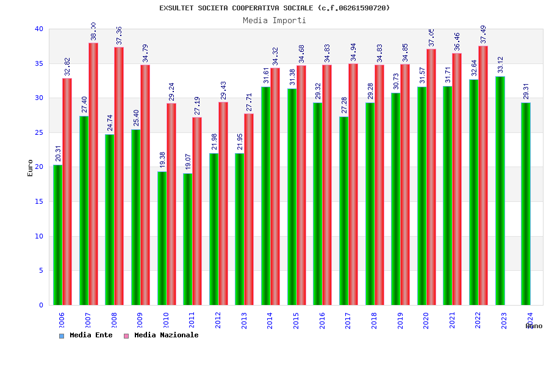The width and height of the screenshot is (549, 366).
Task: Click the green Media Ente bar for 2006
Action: (x=57, y=235)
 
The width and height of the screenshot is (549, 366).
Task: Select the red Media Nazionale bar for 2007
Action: (x=93, y=174)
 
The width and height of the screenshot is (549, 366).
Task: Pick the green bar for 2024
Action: (x=526, y=204)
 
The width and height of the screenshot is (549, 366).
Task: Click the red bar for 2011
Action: (x=197, y=211)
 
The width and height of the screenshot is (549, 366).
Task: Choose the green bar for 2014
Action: (x=266, y=196)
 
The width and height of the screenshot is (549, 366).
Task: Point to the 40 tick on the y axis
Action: (x=39, y=29)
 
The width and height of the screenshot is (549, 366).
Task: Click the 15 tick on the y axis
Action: (x=39, y=201)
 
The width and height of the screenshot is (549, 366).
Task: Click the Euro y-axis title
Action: (x=30, y=168)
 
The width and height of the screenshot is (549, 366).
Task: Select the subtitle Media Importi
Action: (x=274, y=20)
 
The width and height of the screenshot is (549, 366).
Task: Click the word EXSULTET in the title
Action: (x=176, y=8)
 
